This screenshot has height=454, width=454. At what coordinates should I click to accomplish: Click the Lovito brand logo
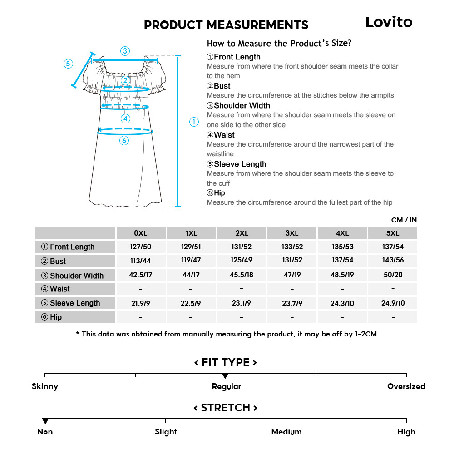click(x=389, y=22)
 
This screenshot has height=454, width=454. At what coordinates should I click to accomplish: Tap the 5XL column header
click(x=392, y=233)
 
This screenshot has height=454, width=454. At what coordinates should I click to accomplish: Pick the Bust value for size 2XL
click(x=242, y=261)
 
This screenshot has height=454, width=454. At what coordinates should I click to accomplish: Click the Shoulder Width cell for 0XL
click(x=140, y=275)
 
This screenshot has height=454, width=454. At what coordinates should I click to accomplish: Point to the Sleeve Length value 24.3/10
click(x=342, y=303)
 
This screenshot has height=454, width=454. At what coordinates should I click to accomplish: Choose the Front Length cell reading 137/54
click(x=392, y=247)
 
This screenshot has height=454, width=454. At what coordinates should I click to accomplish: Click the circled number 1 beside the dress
click(x=194, y=122)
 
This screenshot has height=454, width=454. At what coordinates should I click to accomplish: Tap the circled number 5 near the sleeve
click(x=68, y=64)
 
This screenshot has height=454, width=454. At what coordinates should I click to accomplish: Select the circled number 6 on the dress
click(x=124, y=141)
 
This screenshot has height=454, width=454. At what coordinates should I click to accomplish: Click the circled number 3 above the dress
click(x=125, y=51)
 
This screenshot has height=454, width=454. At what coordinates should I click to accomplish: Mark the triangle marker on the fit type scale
click(x=225, y=376)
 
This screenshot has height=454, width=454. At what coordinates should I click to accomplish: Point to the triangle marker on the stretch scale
click(x=45, y=421)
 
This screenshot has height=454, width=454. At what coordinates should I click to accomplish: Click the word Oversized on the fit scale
click(x=406, y=386)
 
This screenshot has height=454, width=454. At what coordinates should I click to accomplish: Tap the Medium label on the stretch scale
click(x=286, y=432)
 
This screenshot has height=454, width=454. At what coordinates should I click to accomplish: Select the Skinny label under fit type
click(x=45, y=386)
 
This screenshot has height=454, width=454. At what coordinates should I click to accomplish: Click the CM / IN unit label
click(x=404, y=220)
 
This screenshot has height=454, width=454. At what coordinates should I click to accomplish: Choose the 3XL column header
click(x=291, y=233)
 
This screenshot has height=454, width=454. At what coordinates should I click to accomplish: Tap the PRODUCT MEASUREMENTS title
click(x=226, y=25)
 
